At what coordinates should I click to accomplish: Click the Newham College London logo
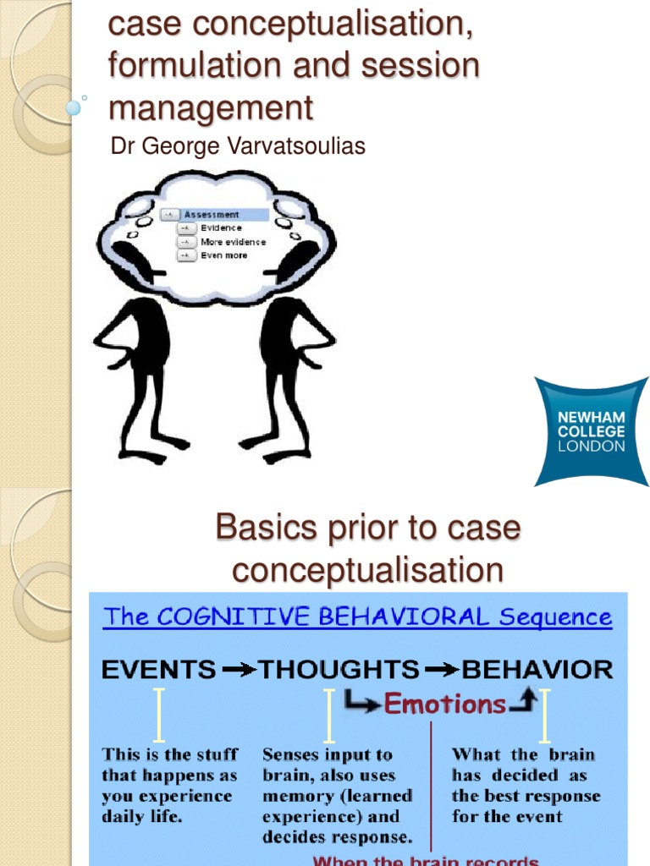click(x=591, y=432)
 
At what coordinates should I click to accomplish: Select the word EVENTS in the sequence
click(x=159, y=670)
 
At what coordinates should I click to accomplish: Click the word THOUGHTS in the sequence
click(x=339, y=670)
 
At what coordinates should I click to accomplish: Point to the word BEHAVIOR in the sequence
click(x=537, y=670)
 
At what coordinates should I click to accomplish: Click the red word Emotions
click(x=445, y=704)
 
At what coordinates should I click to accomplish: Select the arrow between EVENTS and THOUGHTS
click(x=240, y=671)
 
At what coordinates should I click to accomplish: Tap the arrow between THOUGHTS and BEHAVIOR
click(x=440, y=671)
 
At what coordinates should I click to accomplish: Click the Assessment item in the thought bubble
click(x=212, y=215)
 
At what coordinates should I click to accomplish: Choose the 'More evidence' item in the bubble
click(x=233, y=242)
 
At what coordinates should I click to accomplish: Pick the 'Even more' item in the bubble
click(x=223, y=255)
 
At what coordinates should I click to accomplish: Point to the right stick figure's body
click(x=288, y=355)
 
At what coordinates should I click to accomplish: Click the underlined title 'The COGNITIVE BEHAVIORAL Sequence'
click(x=357, y=617)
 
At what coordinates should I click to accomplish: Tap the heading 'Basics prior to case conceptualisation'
click(x=367, y=550)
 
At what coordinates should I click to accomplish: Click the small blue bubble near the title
click(x=74, y=108)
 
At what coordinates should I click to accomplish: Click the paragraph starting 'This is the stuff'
click(x=170, y=786)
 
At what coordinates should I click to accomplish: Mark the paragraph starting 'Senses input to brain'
click(x=338, y=795)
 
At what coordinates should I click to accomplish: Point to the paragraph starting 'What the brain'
click(x=525, y=786)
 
